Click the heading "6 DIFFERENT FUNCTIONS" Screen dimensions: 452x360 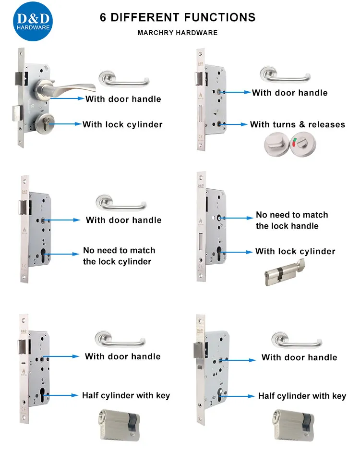coord(178,18)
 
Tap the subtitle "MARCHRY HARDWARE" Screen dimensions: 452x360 coord(178,33)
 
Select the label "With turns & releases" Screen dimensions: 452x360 coord(297,124)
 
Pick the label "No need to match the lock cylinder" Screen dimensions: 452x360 coord(119,256)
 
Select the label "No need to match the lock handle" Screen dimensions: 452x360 coord(292,220)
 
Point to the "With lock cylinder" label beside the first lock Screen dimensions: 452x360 coord(122,124)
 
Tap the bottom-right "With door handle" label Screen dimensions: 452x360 coord(299,357)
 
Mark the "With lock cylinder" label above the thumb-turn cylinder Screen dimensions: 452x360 coord(295,251)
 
